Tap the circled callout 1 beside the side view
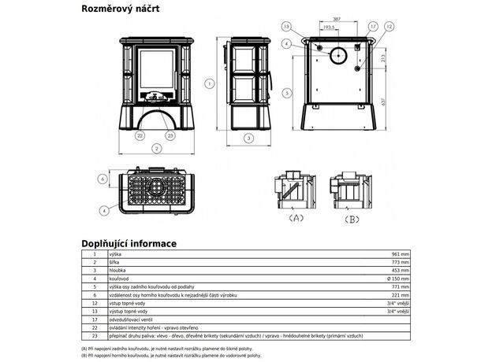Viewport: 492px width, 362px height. click(209, 83)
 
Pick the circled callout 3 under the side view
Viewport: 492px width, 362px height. click(248, 139)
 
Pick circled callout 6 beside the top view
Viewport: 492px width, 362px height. click(102, 179)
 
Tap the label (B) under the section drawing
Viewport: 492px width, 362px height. click(352, 218)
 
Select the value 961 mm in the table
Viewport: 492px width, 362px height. click(401, 255)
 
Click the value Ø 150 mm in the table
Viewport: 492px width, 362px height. click(398, 278)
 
